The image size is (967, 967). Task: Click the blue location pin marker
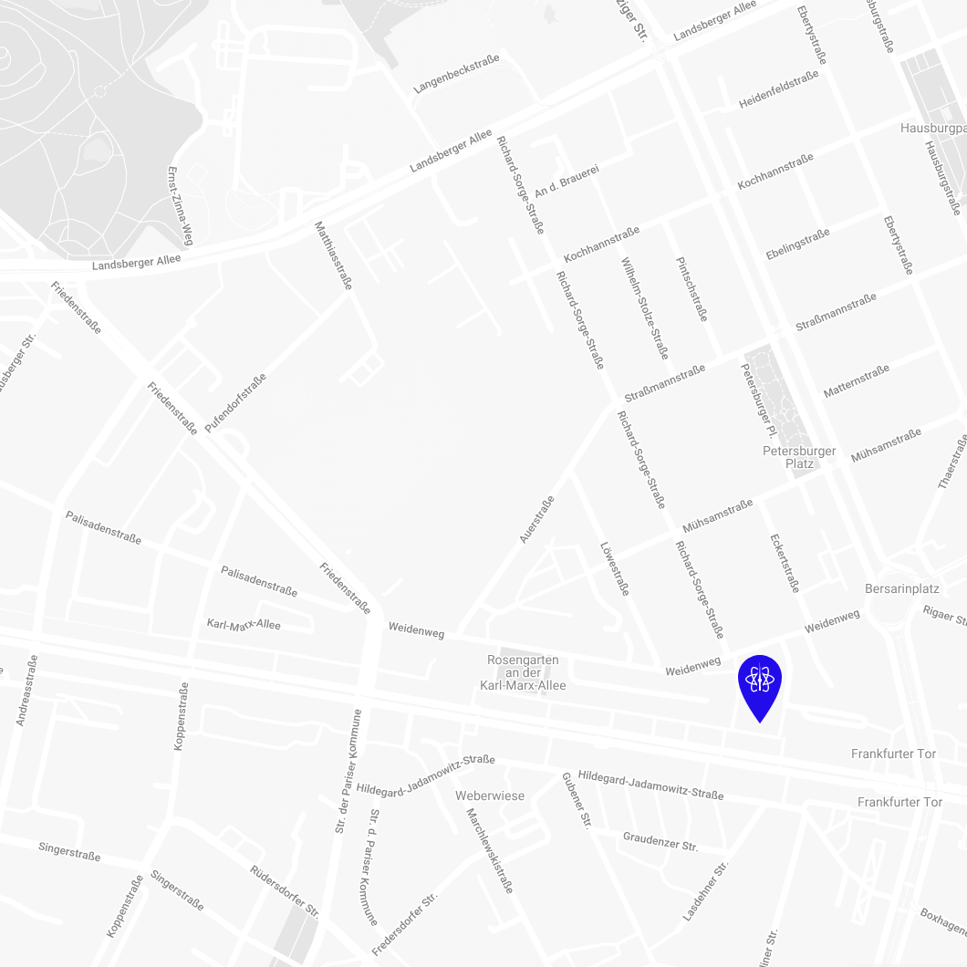coord(759,682)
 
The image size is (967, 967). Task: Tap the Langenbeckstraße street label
coord(456,74)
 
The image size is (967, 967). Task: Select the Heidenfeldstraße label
coord(779,90)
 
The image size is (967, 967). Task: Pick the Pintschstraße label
coord(691,288)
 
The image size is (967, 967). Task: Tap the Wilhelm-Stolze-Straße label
coord(645,307)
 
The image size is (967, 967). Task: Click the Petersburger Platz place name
coord(799,457)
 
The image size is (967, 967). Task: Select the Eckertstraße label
coord(785,563)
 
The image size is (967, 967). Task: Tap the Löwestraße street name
coord(615,569)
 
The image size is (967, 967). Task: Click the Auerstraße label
coord(536,520)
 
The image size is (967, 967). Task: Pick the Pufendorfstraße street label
coord(235,402)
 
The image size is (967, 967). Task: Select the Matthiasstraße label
coord(333,255)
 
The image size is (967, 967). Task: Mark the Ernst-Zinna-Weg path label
coord(181,205)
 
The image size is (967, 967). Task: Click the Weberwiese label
coord(490,795)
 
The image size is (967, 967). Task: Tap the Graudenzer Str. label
coord(660,841)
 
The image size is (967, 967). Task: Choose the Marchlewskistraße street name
coord(490,850)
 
